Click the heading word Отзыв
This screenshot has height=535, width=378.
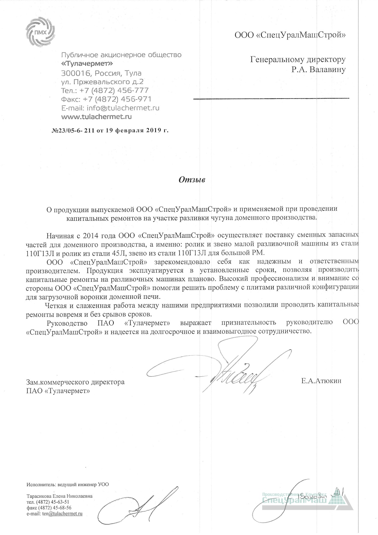[x=192, y=180]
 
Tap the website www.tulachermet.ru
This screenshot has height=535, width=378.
[x=96, y=117]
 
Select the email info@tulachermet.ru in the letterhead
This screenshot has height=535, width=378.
[x=123, y=108]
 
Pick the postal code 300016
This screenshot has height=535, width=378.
[x=76, y=73]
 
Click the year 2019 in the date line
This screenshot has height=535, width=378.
[x=150, y=131]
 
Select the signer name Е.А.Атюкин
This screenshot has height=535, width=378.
[x=321, y=381]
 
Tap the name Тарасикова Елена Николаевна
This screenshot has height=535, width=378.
[x=59, y=496]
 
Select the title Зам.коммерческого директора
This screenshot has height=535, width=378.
[x=76, y=382]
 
